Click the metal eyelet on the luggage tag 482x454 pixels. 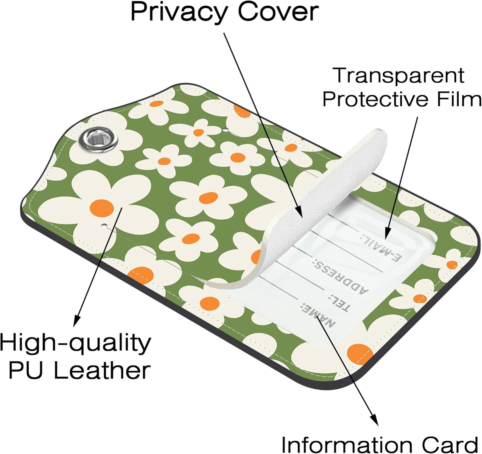(98, 140)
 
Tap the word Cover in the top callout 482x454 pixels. (278, 12)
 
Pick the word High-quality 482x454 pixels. (75, 344)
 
